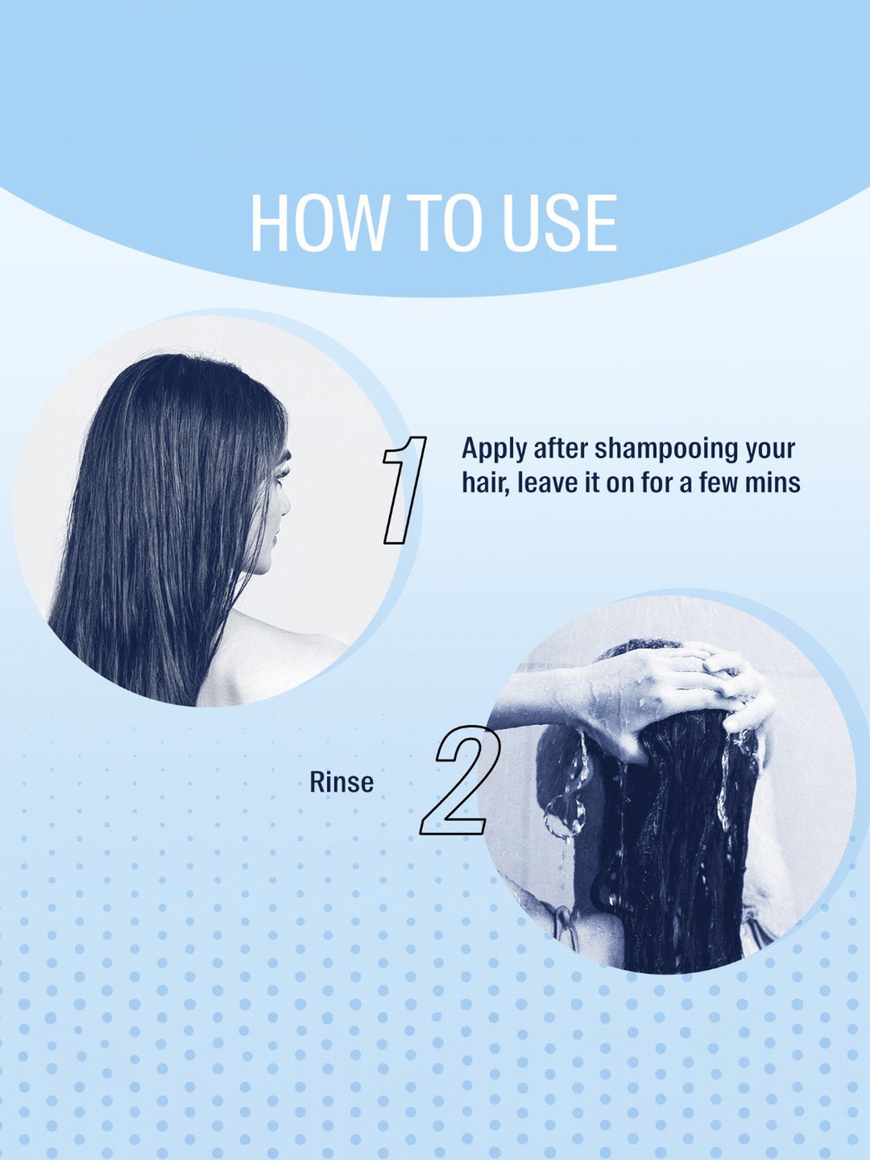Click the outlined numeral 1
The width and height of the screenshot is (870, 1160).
[404, 490]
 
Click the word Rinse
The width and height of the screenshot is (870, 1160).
[341, 782]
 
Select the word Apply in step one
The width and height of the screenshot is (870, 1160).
[494, 449]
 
